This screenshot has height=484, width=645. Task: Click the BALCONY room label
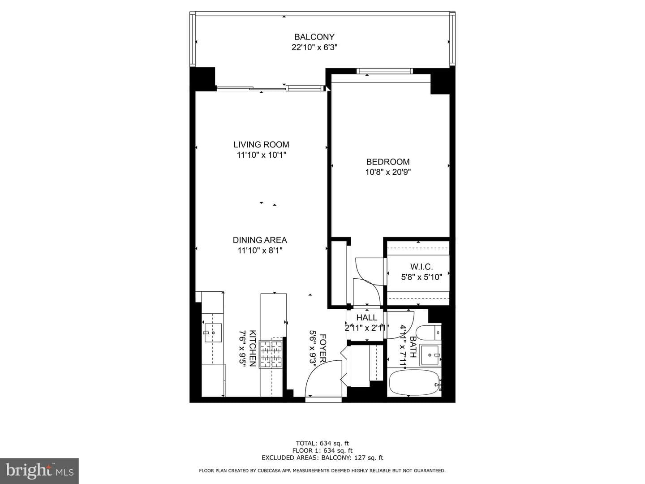pos(314,37)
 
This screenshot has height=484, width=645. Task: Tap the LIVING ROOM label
pos(261,145)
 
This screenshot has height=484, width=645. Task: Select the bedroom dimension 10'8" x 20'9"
pos(388,172)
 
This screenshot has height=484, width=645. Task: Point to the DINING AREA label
pos(260,240)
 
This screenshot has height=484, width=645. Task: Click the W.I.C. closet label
pos(421,267)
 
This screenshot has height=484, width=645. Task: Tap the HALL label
pos(367,317)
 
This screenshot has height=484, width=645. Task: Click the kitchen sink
pos(213,333)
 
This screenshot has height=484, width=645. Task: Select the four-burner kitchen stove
pos(271,354)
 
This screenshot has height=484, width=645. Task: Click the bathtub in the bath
pos(415,382)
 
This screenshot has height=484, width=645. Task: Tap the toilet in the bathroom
pos(429,333)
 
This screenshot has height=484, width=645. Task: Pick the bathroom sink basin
pos(430,355)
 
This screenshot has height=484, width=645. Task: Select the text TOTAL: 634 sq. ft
pos(322,443)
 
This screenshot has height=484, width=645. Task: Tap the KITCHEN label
pos(253,348)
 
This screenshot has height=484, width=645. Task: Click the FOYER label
pos(322,348)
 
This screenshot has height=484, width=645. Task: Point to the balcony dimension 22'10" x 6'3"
pos(314,48)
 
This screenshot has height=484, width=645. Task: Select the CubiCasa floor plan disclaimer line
pos(322,471)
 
